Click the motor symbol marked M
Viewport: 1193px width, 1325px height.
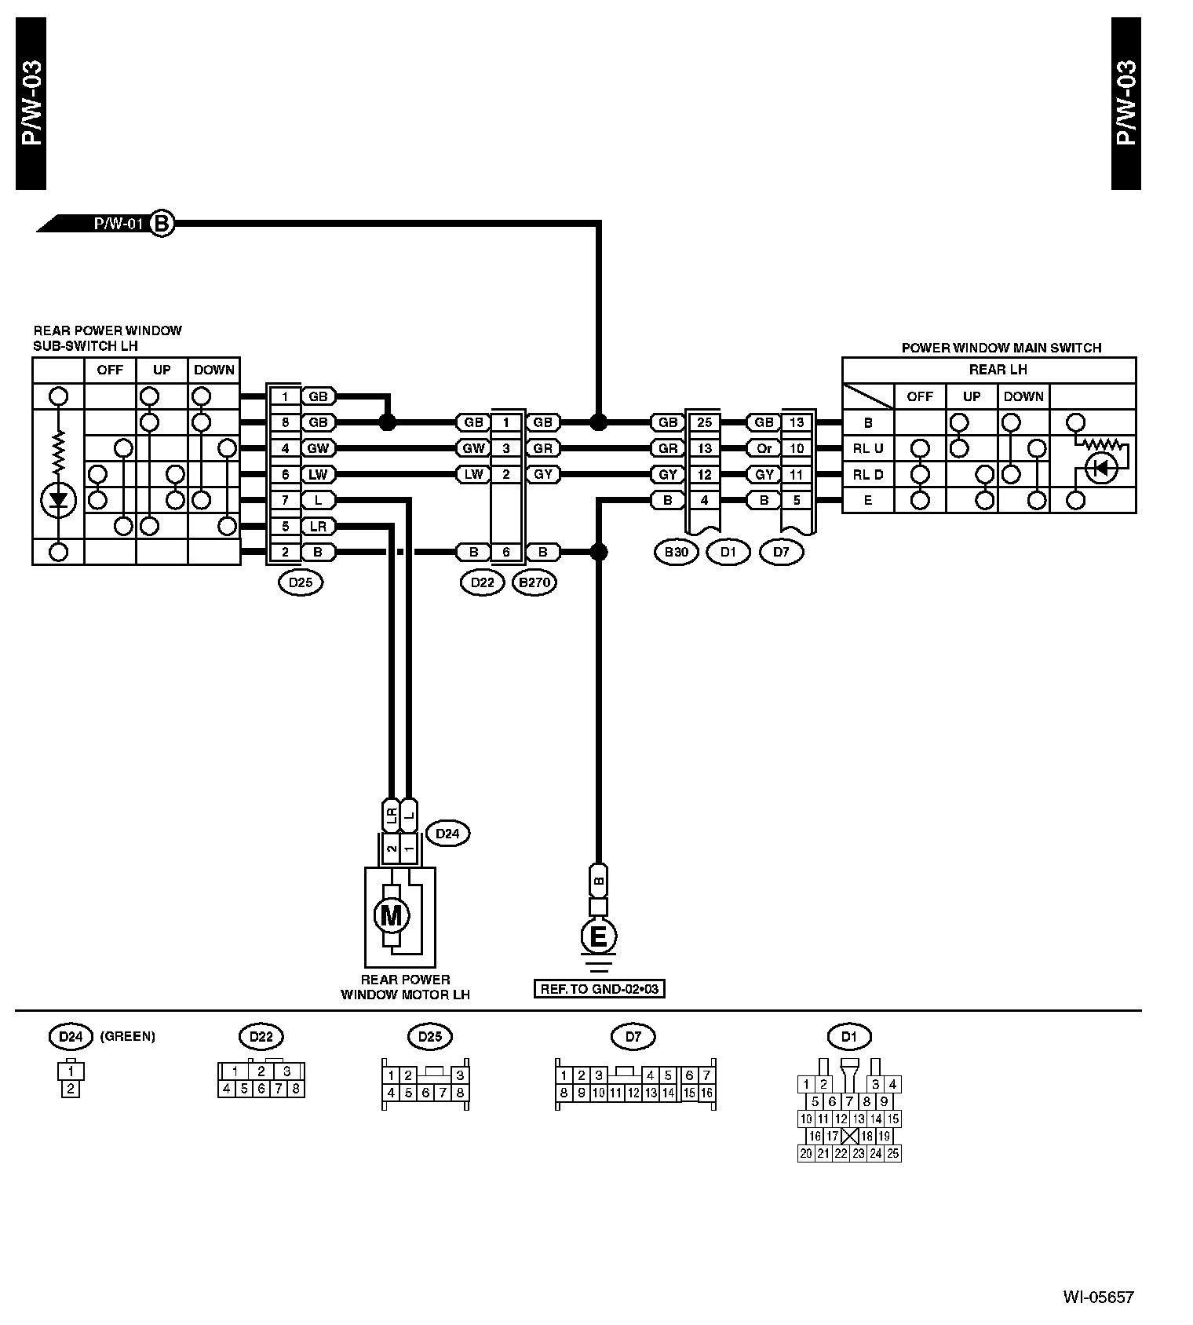click(x=390, y=915)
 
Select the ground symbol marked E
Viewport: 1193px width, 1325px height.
click(x=598, y=936)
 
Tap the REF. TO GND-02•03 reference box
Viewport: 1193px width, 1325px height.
click(x=598, y=989)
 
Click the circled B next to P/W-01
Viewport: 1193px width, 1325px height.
click(x=162, y=224)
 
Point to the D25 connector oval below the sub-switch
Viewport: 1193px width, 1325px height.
click(x=301, y=582)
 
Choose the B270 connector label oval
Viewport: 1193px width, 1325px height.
click(x=534, y=582)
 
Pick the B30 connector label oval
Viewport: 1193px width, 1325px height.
click(x=676, y=552)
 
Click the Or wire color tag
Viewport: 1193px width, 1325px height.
click(x=764, y=448)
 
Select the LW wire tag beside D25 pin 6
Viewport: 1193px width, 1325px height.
click(x=318, y=474)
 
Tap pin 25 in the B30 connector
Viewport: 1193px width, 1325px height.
click(x=704, y=422)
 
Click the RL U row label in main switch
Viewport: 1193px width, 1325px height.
click(x=867, y=449)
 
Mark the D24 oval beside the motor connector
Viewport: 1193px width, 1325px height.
click(x=447, y=834)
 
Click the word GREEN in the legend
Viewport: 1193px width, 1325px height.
click(x=128, y=1036)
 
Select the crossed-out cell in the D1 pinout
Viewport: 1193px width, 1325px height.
click(x=850, y=1136)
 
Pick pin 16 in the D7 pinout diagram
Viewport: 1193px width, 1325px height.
click(x=706, y=1093)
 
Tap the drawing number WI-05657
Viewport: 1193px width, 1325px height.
click(x=1099, y=1298)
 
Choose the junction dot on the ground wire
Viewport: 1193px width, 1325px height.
click(x=598, y=552)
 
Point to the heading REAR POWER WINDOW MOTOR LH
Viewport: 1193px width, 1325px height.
click(x=405, y=987)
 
